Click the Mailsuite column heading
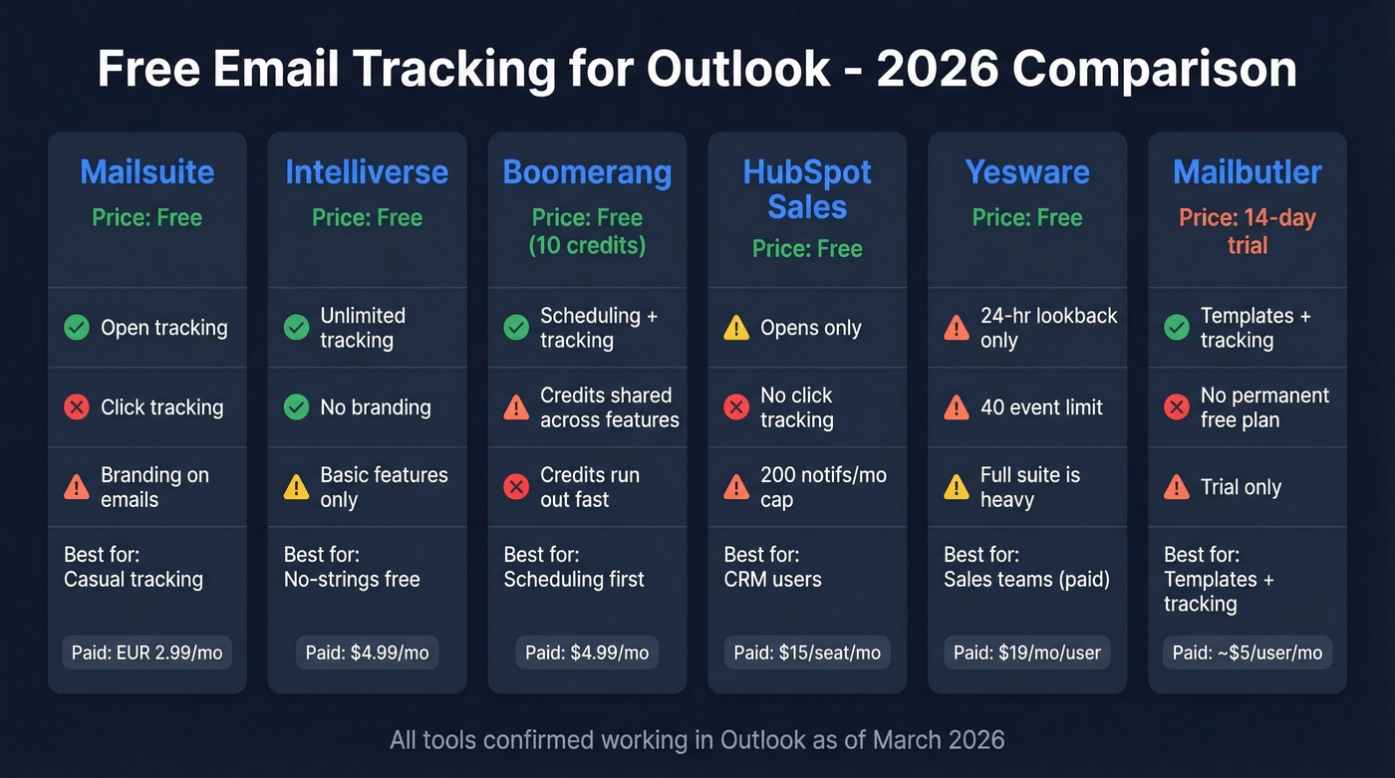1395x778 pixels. pyautogui.click(x=146, y=172)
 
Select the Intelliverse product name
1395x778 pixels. pyautogui.click(x=367, y=172)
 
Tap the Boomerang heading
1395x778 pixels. pyautogui.click(x=587, y=172)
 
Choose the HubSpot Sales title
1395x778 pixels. pyautogui.click(x=807, y=189)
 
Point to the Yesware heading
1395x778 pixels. pyautogui.click(x=1027, y=172)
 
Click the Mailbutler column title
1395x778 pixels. pyautogui.click(x=1247, y=172)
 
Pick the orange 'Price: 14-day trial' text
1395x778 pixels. pyautogui.click(x=1247, y=231)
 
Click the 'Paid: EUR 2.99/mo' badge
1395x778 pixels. pyautogui.click(x=147, y=653)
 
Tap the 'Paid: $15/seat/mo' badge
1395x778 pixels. pyautogui.click(x=807, y=653)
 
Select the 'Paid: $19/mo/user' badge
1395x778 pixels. pyautogui.click(x=1027, y=653)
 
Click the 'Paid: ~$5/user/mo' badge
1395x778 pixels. pyautogui.click(x=1247, y=653)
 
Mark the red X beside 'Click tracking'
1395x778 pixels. pyautogui.click(x=77, y=407)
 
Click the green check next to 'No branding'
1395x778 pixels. pyautogui.click(x=296, y=407)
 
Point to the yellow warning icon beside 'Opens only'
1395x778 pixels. pyautogui.click(x=736, y=328)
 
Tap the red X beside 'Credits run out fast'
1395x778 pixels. pyautogui.click(x=516, y=487)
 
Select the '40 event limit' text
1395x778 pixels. pyautogui.click(x=1041, y=407)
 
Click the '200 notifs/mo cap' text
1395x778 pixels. pyautogui.click(x=823, y=487)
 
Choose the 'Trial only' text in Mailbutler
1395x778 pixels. pyautogui.click(x=1241, y=487)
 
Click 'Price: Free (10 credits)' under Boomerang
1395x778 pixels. pyautogui.click(x=587, y=231)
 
